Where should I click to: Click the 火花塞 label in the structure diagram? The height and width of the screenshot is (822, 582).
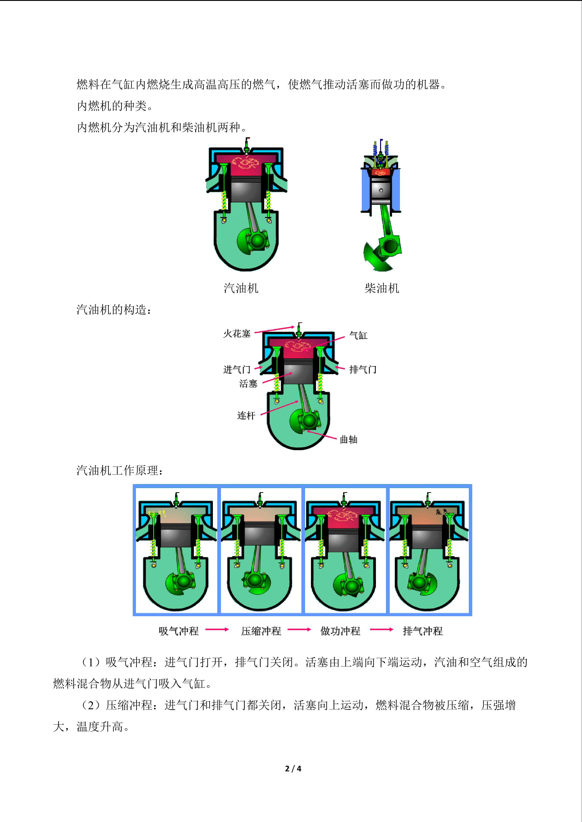[237, 334]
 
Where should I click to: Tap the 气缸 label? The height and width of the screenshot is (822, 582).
[358, 335]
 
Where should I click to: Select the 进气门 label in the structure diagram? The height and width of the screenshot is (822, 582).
[237, 369]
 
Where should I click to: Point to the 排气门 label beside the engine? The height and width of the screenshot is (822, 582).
[363, 369]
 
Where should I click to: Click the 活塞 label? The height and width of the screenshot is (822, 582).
[248, 384]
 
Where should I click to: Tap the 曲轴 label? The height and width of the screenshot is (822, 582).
[349, 440]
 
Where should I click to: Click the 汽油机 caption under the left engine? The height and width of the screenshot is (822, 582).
[241, 288]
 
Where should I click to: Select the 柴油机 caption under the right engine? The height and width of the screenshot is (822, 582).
[382, 288]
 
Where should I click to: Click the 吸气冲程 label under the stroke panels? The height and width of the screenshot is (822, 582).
[178, 631]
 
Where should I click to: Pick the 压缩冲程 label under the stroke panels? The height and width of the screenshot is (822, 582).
[261, 631]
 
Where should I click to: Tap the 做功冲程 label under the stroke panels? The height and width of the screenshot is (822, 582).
[340, 631]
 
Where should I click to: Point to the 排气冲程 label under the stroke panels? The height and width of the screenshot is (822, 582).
[423, 631]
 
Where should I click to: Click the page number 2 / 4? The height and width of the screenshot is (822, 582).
[293, 768]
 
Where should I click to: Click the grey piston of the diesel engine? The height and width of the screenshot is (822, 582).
[381, 190]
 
